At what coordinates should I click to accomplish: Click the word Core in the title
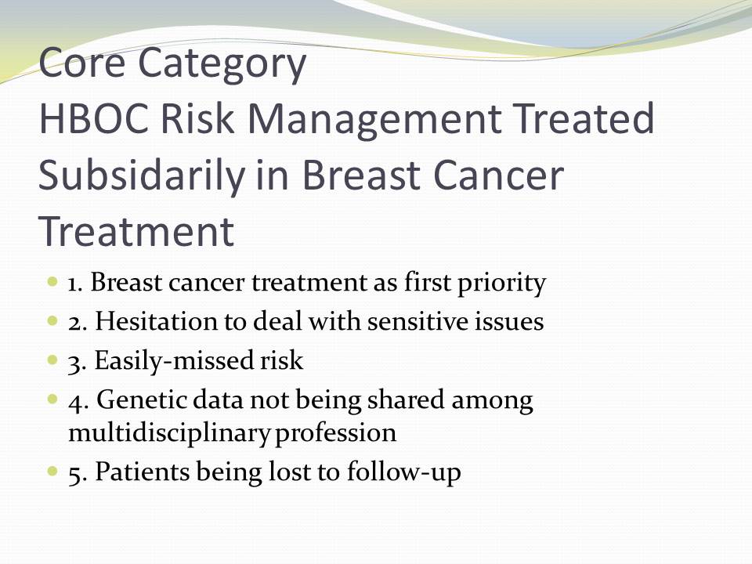(x=81, y=63)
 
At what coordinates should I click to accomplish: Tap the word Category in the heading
(x=222, y=66)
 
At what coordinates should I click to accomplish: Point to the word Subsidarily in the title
(x=142, y=175)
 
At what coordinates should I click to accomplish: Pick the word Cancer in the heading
(x=499, y=175)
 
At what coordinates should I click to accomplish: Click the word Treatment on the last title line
(x=136, y=231)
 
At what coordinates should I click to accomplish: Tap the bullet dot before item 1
(x=52, y=281)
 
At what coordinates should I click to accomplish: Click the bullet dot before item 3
(x=52, y=360)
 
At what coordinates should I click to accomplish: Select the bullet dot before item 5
(x=52, y=471)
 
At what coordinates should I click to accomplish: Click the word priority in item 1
(x=501, y=284)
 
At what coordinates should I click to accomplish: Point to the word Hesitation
(x=157, y=321)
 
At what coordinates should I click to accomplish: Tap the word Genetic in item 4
(x=142, y=400)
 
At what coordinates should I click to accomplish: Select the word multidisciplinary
(x=169, y=433)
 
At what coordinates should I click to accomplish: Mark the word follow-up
(x=404, y=472)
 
